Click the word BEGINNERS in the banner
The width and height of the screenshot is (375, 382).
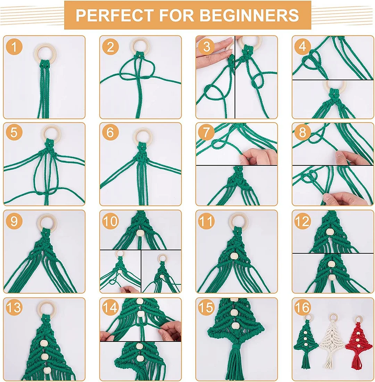[249, 15]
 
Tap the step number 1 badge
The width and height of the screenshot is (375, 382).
[14, 47]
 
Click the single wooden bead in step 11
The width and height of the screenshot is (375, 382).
[234, 256]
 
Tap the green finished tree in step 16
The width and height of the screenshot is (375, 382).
[306, 342]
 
